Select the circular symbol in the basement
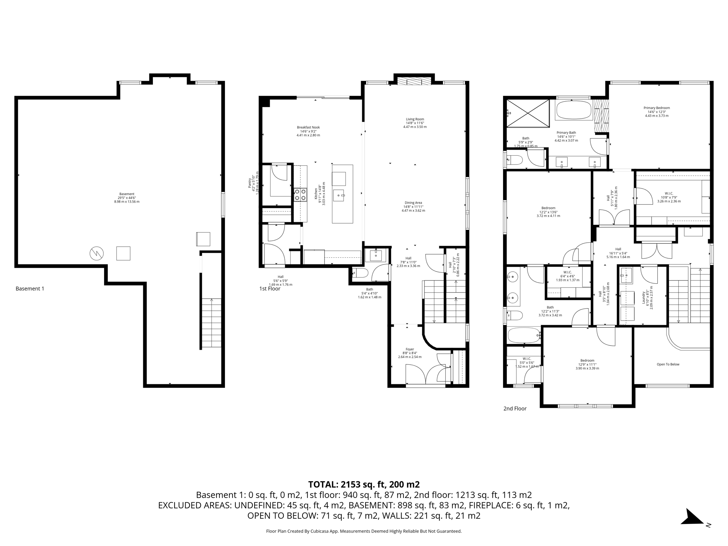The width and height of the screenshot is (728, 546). tap(96, 253)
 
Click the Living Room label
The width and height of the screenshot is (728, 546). tap(415, 123)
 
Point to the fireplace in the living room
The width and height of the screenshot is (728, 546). tap(414, 81)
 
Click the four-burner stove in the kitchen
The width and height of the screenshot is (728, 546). tap(300, 195)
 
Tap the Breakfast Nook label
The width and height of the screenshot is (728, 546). tap(308, 131)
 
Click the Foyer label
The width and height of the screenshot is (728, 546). tap(409, 353)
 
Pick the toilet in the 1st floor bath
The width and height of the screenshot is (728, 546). tap(360, 273)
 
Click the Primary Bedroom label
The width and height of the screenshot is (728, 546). tap(657, 112)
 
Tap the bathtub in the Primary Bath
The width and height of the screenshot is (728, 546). tap(573, 110)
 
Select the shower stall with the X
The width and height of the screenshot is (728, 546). tap(528, 113)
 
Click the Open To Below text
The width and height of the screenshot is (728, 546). tap(668, 364)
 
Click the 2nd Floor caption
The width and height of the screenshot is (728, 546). tap(515, 409)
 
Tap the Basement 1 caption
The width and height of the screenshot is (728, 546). tap(30, 289)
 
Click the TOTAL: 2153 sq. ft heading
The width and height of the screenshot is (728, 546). tap(364, 485)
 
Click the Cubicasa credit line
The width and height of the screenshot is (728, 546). tap(364, 531)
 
